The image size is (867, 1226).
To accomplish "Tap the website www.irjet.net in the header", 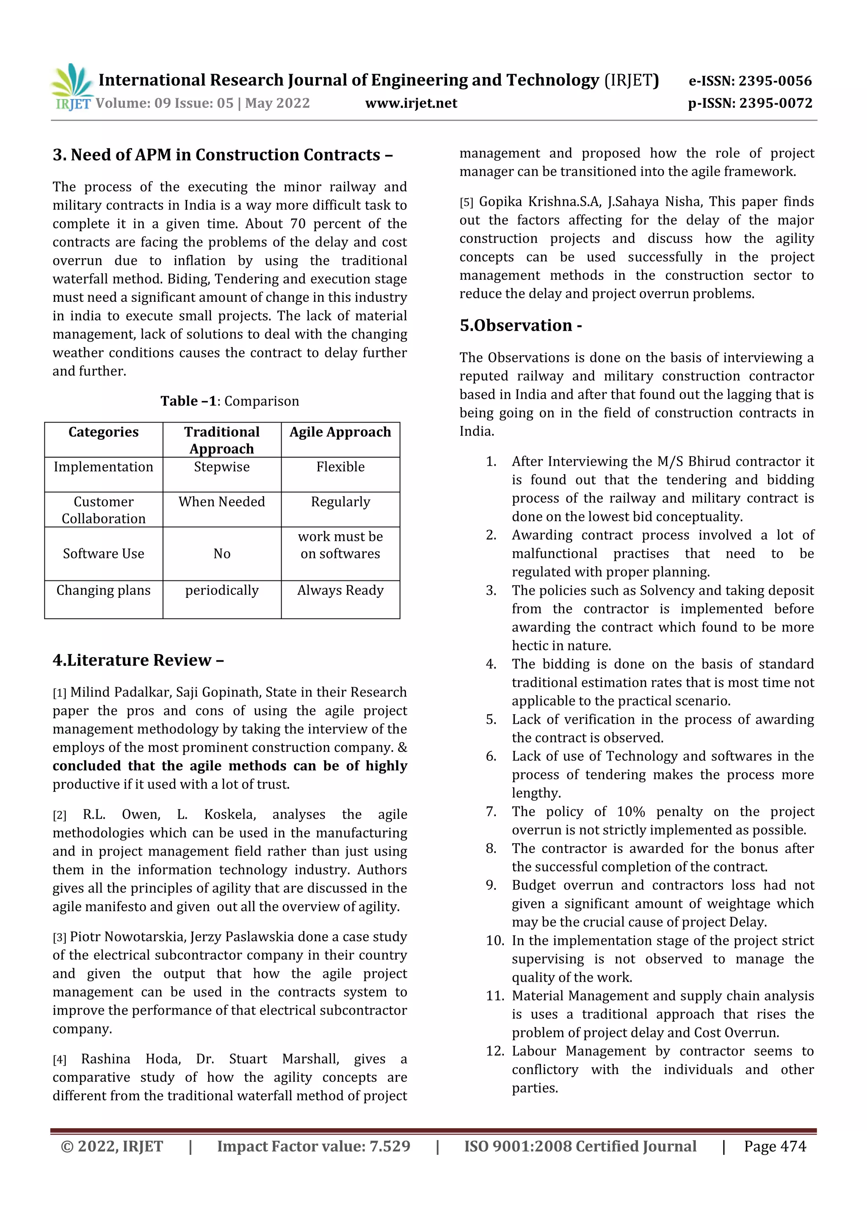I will coord(411,103).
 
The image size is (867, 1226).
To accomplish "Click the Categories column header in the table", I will coord(104,432).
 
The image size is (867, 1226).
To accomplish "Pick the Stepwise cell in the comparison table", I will coord(221,467).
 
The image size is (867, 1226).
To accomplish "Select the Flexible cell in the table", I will coord(340,467).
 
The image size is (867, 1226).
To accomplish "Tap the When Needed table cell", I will coord(221,502).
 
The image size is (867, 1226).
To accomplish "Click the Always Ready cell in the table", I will coord(340,591).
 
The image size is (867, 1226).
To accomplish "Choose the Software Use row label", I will coord(104,554).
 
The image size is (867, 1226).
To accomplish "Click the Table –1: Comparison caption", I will coord(229,401).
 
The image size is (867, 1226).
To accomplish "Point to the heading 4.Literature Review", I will coord(138,660).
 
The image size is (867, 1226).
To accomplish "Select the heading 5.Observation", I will coord(521,325).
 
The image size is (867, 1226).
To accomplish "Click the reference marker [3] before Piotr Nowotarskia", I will coord(59,938).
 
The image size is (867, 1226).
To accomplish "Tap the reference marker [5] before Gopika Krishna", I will coord(467,202).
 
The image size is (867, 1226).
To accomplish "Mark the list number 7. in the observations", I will coord(491,812).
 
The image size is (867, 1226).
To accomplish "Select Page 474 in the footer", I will coord(775,1146).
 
